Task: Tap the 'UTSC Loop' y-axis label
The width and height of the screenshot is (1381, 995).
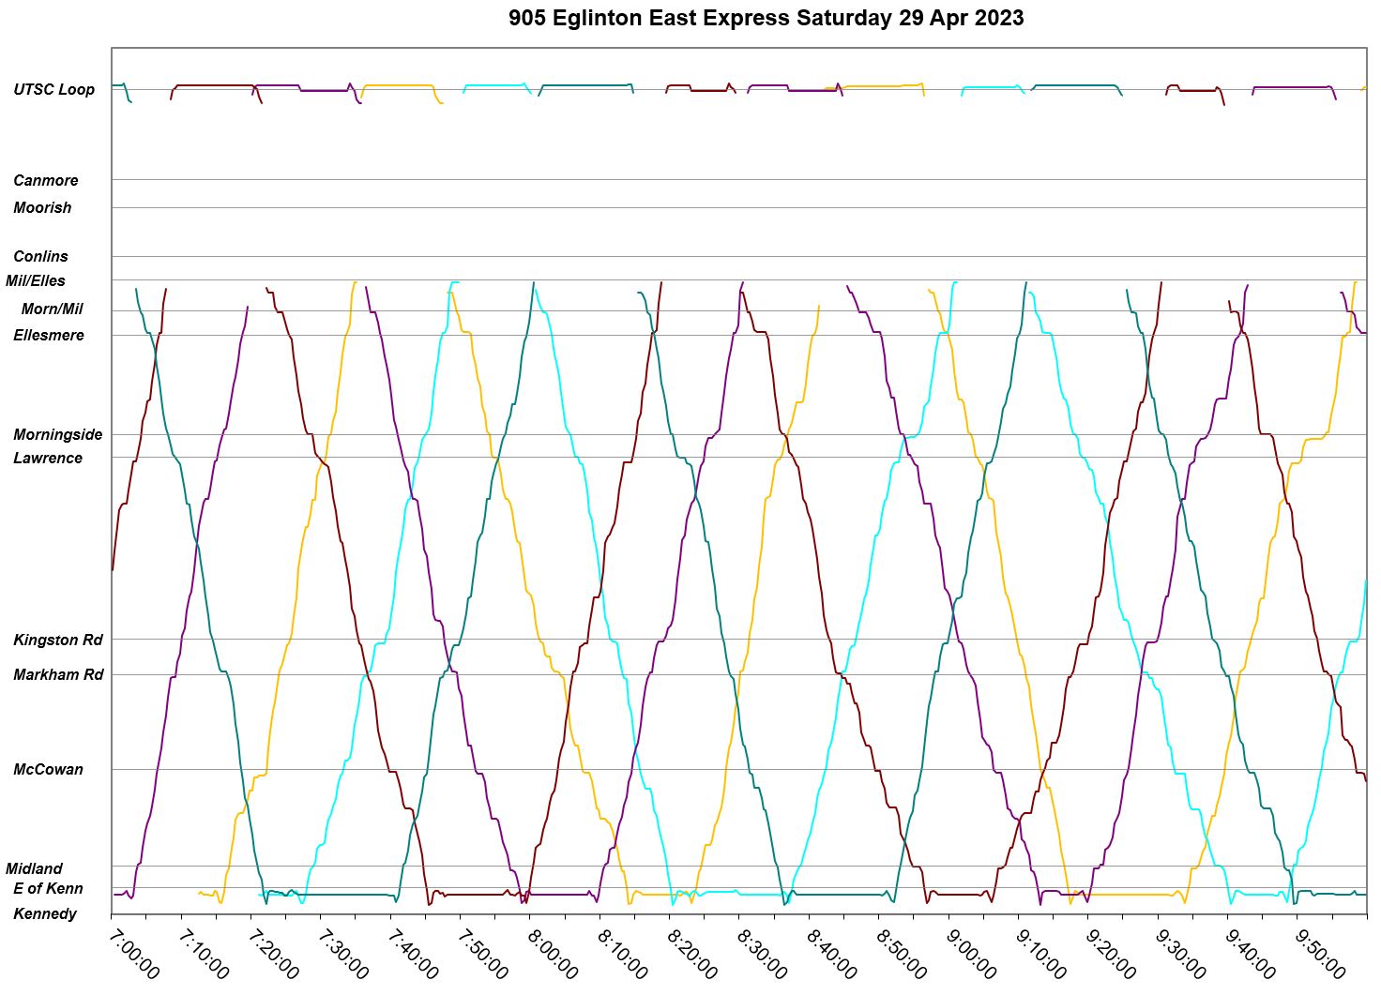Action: [53, 90]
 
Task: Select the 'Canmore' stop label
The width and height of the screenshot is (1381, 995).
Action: [46, 180]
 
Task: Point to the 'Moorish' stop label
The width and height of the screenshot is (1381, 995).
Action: [42, 207]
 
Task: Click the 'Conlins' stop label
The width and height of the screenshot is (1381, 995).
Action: [40, 256]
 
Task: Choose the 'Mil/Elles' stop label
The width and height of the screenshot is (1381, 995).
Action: [36, 280]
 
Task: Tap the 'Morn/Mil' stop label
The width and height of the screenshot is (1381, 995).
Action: [53, 309]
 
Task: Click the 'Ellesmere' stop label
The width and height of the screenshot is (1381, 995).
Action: [49, 335]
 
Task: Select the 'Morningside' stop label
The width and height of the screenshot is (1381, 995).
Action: [58, 434]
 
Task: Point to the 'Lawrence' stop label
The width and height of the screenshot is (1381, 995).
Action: [48, 458]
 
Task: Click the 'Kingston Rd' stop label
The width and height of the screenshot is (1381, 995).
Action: [58, 640]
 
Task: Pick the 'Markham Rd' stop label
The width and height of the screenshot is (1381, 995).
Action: [58, 674]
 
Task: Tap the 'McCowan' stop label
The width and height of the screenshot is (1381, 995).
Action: [48, 769]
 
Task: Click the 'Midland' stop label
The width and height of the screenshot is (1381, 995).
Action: [35, 868]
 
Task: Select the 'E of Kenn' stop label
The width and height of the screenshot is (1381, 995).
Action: [48, 888]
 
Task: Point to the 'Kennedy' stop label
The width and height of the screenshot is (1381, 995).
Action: [45, 913]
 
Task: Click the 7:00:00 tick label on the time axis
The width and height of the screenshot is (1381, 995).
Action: [133, 953]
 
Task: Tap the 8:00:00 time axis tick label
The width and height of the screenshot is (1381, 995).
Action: [552, 953]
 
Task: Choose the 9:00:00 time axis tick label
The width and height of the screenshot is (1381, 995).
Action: [970, 953]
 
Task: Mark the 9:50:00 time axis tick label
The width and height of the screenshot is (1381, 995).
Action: [1319, 953]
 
